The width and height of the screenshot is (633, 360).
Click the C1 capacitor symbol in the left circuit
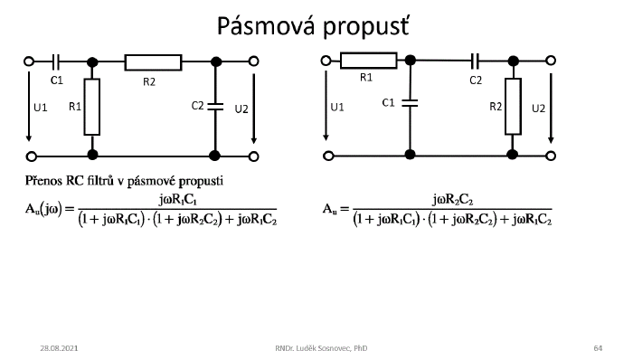click(58, 62)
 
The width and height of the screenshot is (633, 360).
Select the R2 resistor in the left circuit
click(153, 62)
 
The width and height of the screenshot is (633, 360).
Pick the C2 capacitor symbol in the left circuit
click(215, 107)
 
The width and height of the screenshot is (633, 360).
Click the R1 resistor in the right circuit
click(369, 62)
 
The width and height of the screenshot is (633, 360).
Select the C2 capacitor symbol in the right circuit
click(476, 62)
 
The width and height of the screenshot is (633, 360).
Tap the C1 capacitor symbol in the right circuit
click(411, 102)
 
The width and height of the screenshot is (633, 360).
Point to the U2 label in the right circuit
click(538, 109)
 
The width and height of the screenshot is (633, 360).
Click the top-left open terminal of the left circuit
click(29, 62)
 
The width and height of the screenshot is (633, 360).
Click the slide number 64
click(598, 347)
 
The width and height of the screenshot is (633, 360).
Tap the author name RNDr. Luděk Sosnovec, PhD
click(322, 347)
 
